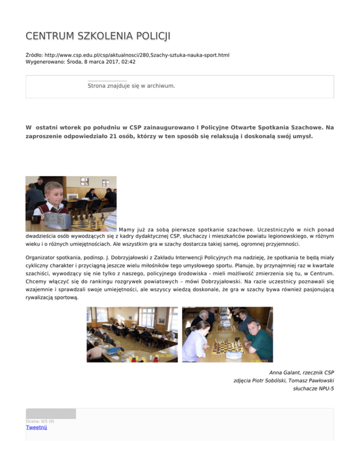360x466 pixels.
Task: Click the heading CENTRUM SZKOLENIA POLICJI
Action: (x=98, y=36)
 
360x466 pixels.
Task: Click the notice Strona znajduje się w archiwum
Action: (x=131, y=86)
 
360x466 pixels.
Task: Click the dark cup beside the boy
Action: (x=35, y=218)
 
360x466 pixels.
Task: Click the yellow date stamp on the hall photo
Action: (x=166, y=356)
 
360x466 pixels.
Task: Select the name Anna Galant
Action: (x=286, y=372)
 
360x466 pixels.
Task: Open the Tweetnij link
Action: (x=37, y=427)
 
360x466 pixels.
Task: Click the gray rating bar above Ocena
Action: (x=51, y=413)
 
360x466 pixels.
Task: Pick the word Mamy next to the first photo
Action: (x=127, y=230)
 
